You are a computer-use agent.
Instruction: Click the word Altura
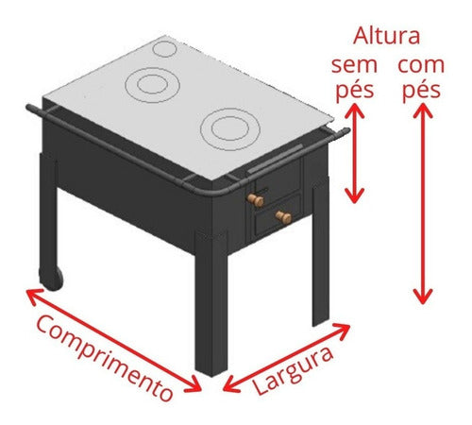click(386, 36)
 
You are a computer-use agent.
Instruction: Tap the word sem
click(354, 65)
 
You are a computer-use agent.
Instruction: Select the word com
click(421, 65)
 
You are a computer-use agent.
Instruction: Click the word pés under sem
click(355, 91)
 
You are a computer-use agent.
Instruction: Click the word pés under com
click(421, 91)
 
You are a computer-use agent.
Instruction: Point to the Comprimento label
click(105, 358)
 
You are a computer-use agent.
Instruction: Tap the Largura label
click(293, 371)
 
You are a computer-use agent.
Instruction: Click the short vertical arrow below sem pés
click(355, 153)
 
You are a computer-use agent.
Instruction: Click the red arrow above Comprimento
click(113, 340)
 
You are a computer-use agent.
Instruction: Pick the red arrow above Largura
click(286, 357)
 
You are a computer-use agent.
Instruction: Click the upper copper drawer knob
click(255, 200)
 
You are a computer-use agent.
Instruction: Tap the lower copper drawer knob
click(283, 217)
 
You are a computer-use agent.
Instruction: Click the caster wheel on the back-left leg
click(51, 280)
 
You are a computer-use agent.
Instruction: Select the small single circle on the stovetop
click(164, 49)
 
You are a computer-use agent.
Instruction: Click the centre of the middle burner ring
click(152, 85)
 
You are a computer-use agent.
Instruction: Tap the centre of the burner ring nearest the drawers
click(230, 128)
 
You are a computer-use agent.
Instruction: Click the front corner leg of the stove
click(211, 303)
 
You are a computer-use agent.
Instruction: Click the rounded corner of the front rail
click(216, 193)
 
